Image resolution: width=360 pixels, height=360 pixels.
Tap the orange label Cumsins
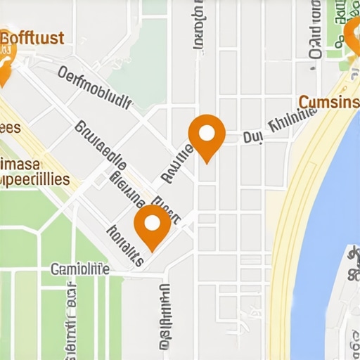(329, 103)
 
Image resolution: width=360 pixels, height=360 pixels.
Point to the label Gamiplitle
(80, 269)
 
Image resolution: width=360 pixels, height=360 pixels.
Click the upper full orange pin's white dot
(207, 133)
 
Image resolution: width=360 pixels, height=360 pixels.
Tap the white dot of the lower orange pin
(153, 224)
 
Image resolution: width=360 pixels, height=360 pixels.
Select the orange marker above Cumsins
(352, 37)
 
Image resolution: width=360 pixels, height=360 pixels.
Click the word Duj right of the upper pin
(252, 138)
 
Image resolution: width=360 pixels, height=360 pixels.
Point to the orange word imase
(21, 163)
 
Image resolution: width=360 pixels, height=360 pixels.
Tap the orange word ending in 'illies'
(35, 179)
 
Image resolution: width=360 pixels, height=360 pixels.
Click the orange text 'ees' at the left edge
(10, 127)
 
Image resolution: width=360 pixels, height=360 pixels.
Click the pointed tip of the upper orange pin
(207, 162)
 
